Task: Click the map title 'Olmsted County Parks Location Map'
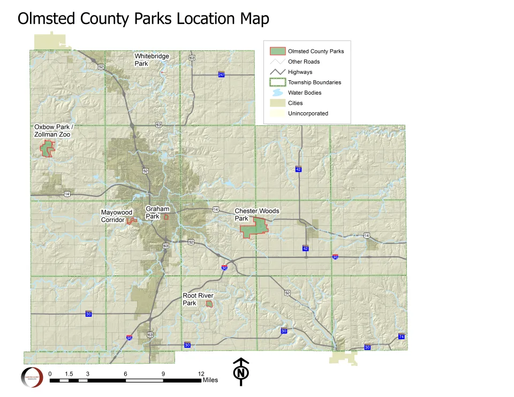pos(143,19)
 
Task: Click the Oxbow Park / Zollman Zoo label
pos(52,131)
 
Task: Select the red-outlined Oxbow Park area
pos(47,149)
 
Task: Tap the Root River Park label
pos(196,299)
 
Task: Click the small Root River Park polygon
pos(209,304)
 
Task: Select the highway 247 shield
pos(221,74)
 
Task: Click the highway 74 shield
pos(402,336)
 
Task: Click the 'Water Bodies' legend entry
pos(304,93)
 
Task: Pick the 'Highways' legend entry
pos(300,72)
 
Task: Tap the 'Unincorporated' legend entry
pos(308,113)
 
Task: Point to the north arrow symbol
pos(241,371)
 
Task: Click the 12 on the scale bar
pos(201,374)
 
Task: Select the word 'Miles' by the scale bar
pos(210,380)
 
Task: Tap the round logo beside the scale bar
pos(32,377)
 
